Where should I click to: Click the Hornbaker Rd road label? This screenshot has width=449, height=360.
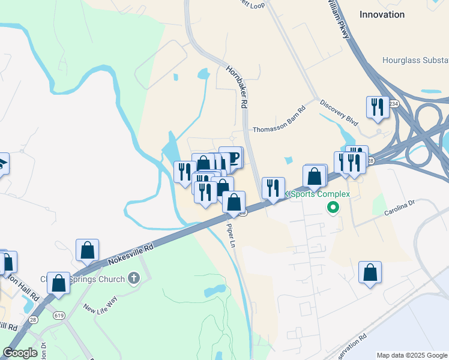[237, 86]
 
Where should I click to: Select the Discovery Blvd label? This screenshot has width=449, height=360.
[339, 112]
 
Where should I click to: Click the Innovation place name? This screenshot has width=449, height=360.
[381, 14]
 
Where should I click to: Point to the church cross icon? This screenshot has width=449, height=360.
[133, 278]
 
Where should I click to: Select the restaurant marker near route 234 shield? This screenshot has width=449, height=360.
[378, 107]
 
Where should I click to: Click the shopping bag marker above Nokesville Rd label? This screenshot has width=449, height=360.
[87, 250]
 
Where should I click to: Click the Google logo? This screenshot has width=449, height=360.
[20, 352]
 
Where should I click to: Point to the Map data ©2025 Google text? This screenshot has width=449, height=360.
[412, 355]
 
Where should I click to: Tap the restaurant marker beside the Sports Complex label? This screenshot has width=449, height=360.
[273, 187]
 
